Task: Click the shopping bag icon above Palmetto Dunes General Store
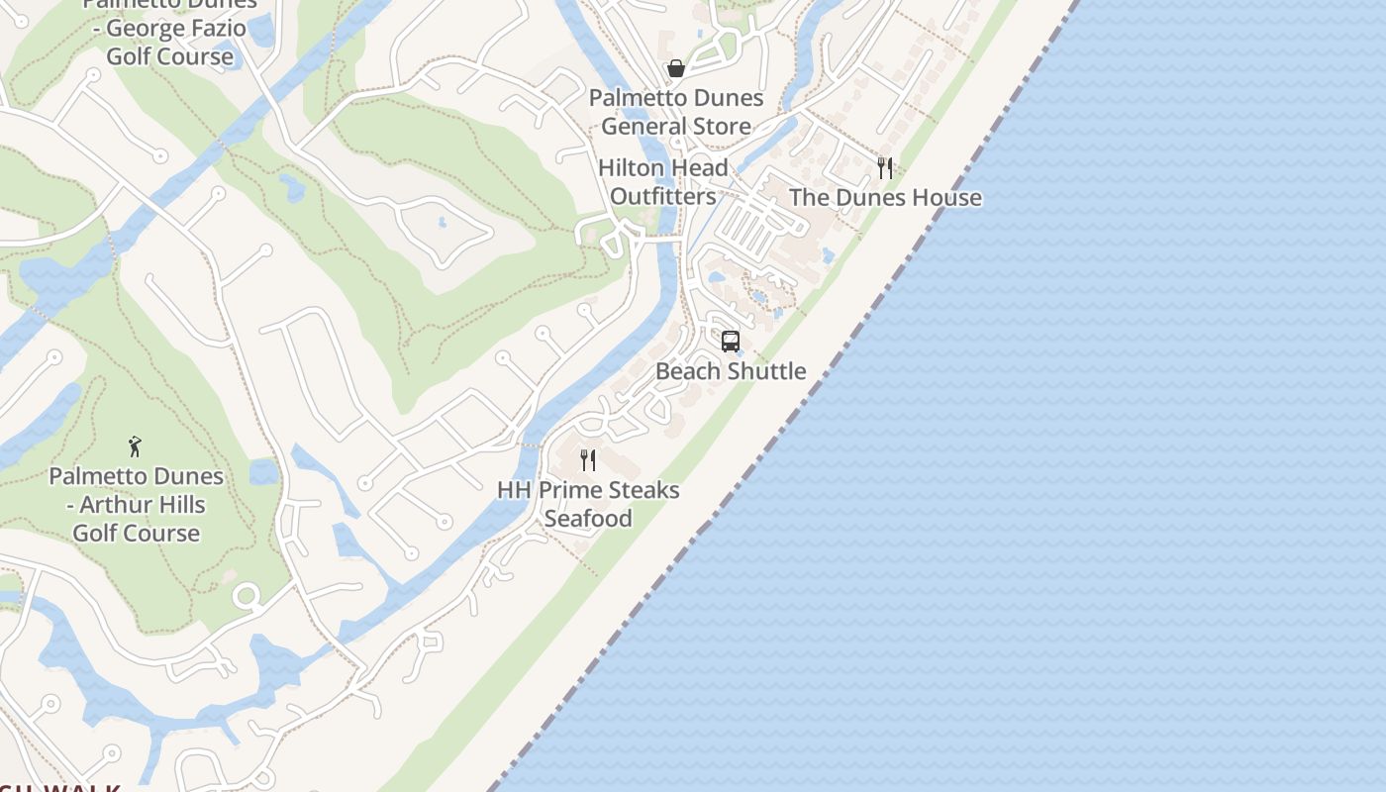(x=676, y=68)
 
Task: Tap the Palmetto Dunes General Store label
(x=676, y=112)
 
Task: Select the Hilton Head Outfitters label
(x=662, y=182)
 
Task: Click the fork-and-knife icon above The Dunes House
(x=885, y=168)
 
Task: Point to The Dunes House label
(x=885, y=197)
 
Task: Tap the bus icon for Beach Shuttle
(x=731, y=342)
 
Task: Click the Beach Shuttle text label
(x=731, y=371)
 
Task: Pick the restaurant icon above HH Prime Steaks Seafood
(x=588, y=460)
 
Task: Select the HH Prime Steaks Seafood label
(x=588, y=504)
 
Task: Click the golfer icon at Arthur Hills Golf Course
(x=136, y=446)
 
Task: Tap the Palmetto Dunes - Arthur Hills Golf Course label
(x=137, y=504)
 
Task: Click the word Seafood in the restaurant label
(x=588, y=519)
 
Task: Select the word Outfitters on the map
(x=662, y=196)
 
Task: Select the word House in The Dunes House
(x=945, y=197)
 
